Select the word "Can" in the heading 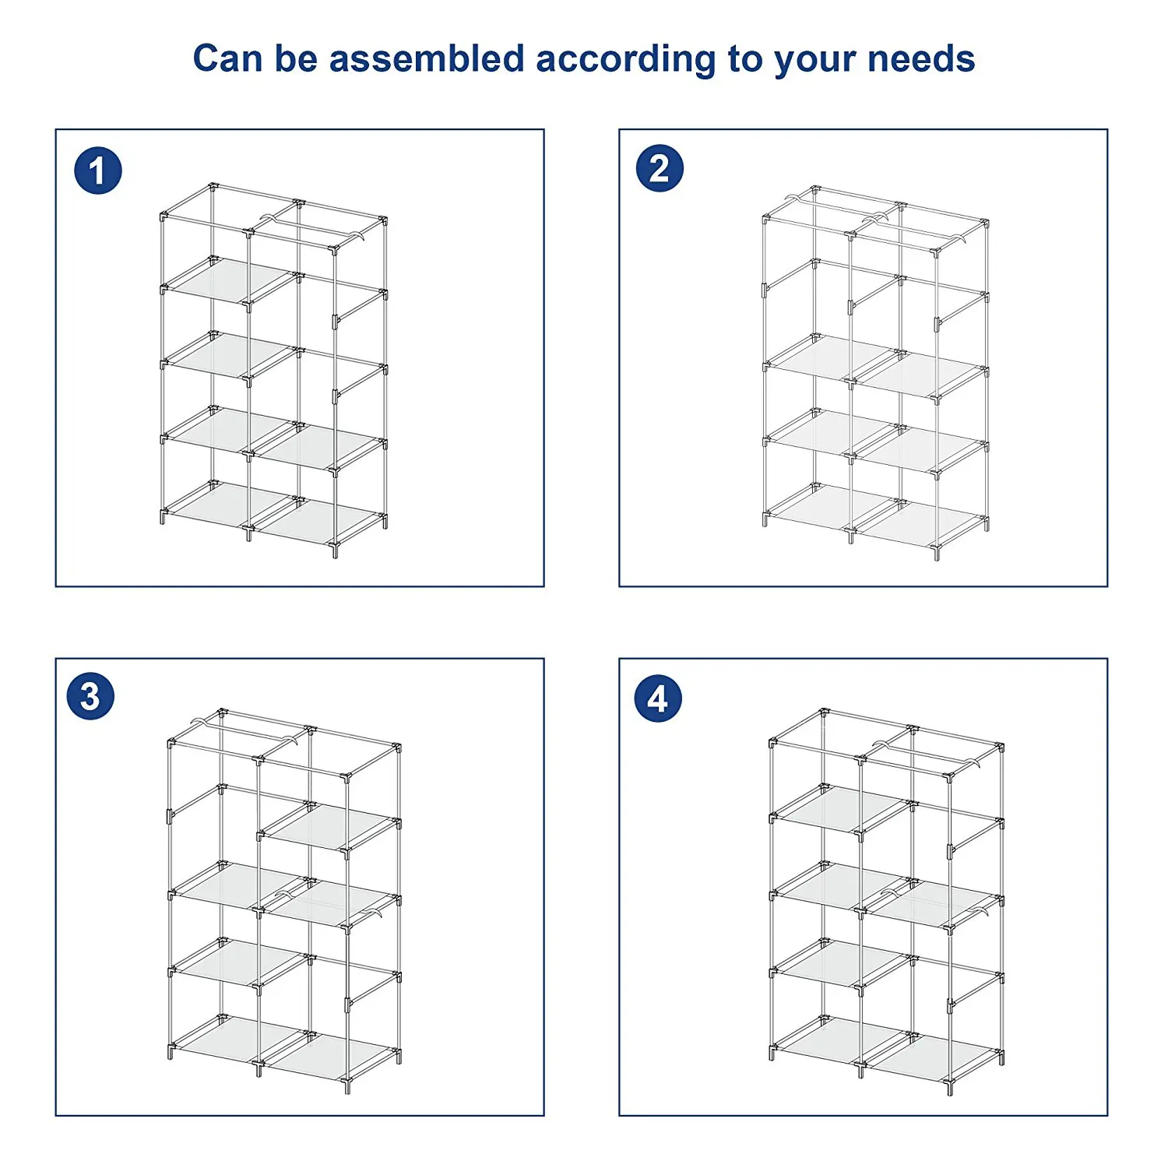point(227,59)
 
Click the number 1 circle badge point(98,171)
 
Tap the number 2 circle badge point(660,168)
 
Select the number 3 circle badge point(90,696)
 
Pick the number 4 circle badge point(658,698)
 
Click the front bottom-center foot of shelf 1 point(248,533)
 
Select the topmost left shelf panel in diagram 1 point(231,280)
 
